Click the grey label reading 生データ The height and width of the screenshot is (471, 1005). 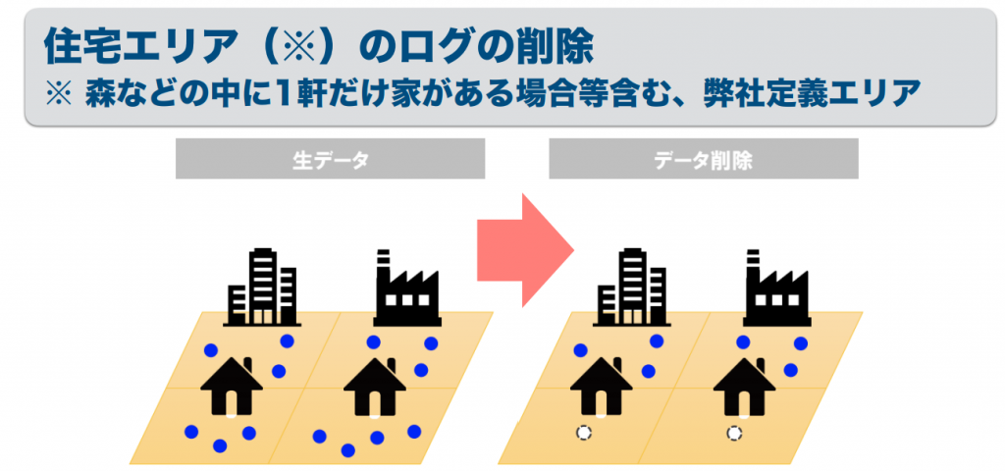(330, 160)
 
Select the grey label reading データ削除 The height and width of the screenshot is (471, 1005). (703, 160)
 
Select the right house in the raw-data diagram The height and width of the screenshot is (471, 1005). (375, 387)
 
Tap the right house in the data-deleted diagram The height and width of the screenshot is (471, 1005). (744, 387)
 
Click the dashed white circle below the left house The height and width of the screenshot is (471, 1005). (583, 432)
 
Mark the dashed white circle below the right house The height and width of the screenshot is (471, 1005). (733, 432)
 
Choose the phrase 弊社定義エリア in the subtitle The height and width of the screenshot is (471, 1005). (811, 93)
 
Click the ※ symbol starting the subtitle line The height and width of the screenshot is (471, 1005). (59, 93)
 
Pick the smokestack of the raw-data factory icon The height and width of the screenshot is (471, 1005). (383, 263)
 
